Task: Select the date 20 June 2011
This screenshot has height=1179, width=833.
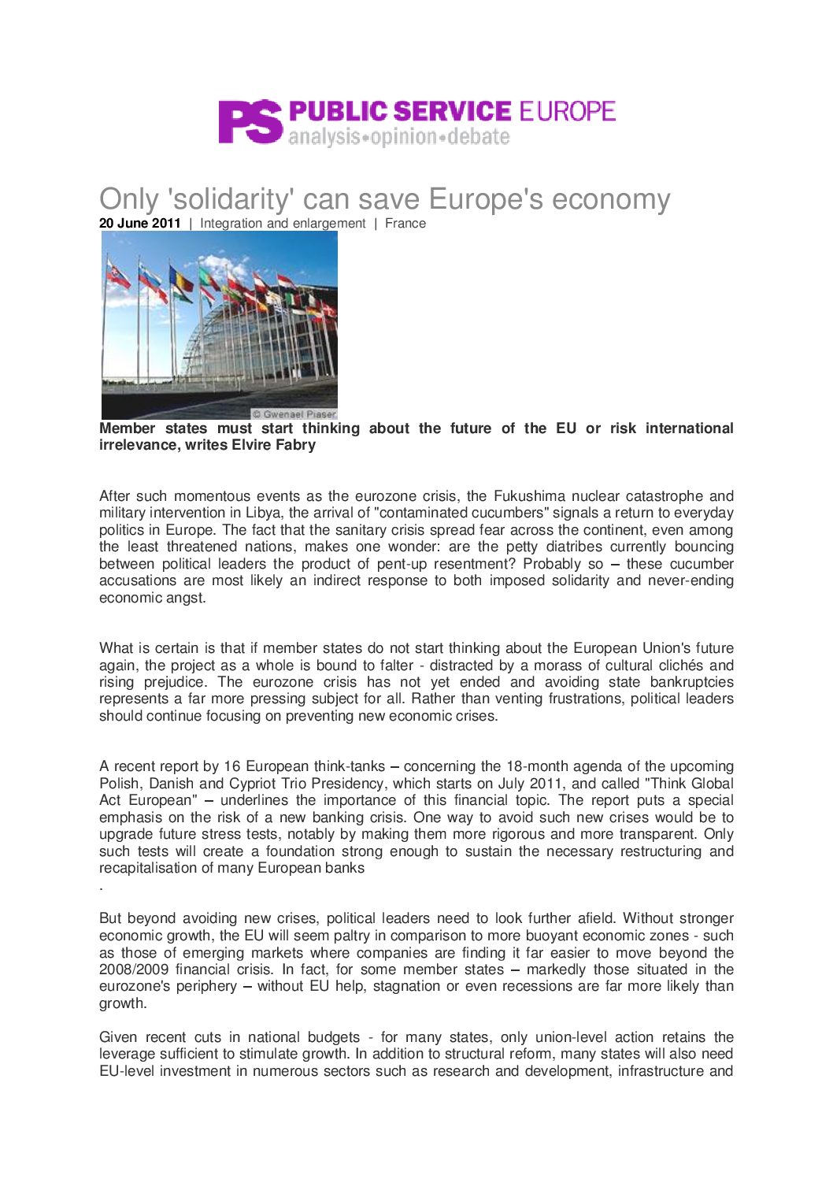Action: [140, 224]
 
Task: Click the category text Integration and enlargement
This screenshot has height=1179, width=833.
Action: [283, 224]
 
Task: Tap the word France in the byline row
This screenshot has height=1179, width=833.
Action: [405, 224]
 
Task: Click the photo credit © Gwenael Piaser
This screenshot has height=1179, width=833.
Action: [294, 414]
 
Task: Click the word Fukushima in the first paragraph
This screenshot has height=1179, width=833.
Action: [529, 496]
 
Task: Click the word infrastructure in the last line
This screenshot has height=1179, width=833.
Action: [662, 1071]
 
